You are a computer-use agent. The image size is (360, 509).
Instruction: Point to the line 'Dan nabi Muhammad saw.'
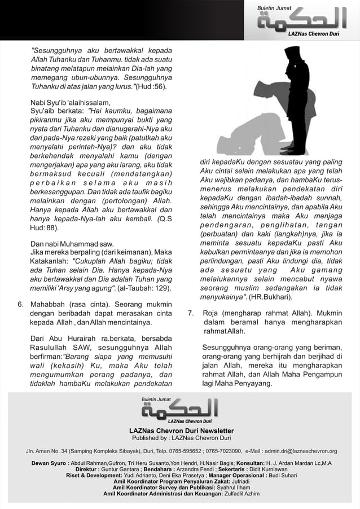(x=68, y=244)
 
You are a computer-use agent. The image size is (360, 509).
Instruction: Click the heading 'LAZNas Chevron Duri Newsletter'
(x=181, y=431)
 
